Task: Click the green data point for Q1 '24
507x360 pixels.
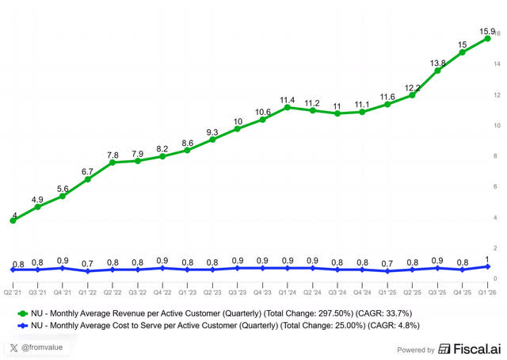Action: tap(288, 108)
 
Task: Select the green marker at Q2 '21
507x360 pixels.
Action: tap(13, 220)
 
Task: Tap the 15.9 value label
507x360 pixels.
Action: tap(487, 32)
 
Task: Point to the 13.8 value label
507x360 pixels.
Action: tap(438, 63)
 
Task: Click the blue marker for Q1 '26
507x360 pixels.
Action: tap(488, 266)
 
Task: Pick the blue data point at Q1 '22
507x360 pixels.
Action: tap(88, 271)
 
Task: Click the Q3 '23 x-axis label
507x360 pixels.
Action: tap(238, 293)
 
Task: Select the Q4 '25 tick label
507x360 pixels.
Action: tap(463, 293)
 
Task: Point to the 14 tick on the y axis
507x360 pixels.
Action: tap(497, 64)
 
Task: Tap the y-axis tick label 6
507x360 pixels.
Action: tap(495, 186)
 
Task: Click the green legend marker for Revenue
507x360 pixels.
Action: tap(23, 313)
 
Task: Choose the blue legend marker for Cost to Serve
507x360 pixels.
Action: tap(23, 326)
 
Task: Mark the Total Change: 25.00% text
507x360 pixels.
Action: tap(322, 325)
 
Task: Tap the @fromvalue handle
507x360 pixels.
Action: tap(42, 347)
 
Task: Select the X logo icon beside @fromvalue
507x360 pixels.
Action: tap(13, 348)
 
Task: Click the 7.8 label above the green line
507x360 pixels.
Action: tap(112, 155)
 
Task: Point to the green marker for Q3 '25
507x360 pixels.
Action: tap(437, 71)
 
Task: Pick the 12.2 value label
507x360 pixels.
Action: tap(413, 88)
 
